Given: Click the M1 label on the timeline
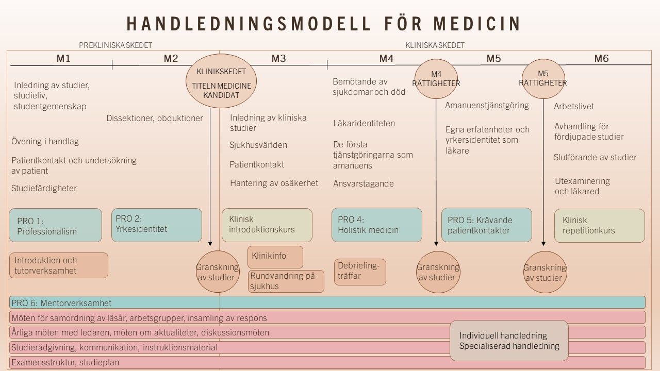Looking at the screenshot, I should pyautogui.click(x=63, y=59).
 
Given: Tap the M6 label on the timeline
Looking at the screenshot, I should pyautogui.click(x=601, y=59).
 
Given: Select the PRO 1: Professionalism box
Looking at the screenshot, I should pyautogui.click(x=55, y=225).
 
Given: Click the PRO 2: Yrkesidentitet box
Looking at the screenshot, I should pyautogui.click(x=156, y=225).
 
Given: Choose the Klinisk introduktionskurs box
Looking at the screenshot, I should pyautogui.click(x=267, y=225).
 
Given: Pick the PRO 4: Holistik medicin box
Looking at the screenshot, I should pyautogui.click(x=376, y=225).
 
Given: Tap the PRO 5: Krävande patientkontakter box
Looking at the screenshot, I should pyautogui.click(x=486, y=225).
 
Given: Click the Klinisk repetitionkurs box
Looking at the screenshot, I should pyautogui.click(x=599, y=225).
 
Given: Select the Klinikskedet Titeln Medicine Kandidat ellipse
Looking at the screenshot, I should pyautogui.click(x=221, y=81).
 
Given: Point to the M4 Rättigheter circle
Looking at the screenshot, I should pyautogui.click(x=436, y=78).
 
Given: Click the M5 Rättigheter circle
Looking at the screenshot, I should pyautogui.click(x=543, y=78).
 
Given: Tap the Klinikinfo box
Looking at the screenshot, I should pyautogui.click(x=275, y=257).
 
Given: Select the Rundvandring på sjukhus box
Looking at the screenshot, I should pyautogui.click(x=286, y=281).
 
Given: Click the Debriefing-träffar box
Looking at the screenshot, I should pyautogui.click(x=360, y=272).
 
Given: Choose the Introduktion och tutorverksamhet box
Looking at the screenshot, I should pyautogui.click(x=59, y=265).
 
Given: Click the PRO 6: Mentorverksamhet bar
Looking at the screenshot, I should pyautogui.click(x=327, y=302).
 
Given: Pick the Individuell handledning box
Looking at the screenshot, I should pyautogui.click(x=509, y=341).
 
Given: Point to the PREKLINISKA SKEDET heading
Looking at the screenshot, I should pyautogui.click(x=115, y=45).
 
